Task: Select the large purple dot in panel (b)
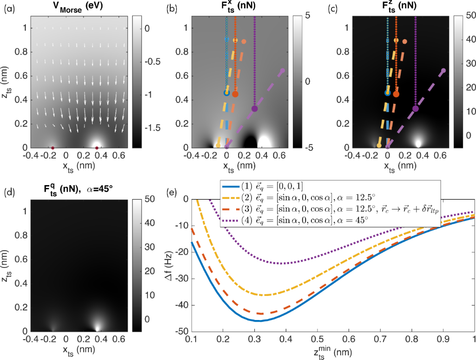pos(254,109)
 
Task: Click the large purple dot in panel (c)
pos(415,109)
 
